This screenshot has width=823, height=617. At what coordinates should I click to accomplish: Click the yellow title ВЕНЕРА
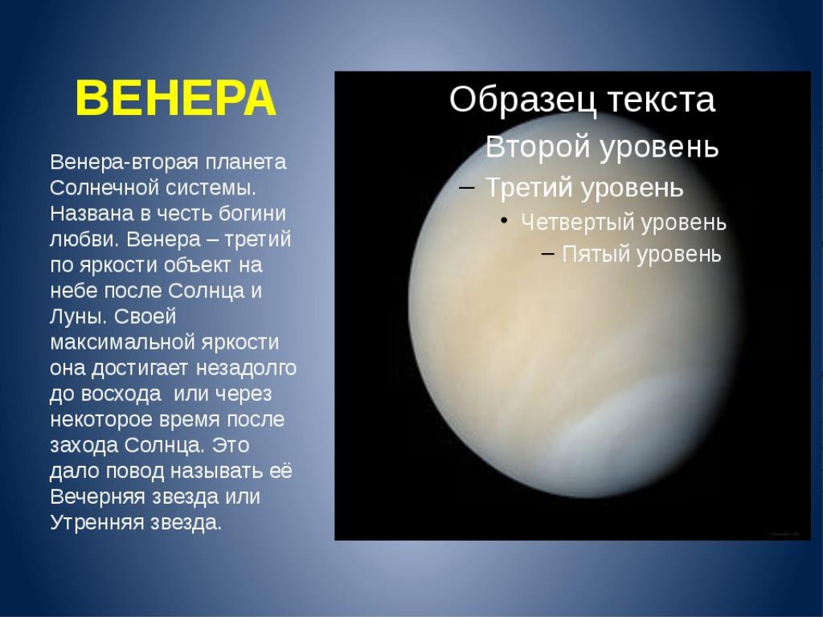click(x=175, y=98)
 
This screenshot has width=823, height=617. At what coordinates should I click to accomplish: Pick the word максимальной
click(x=116, y=342)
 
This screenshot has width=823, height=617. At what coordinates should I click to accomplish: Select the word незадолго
click(x=246, y=368)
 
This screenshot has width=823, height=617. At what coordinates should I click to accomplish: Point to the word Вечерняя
click(x=97, y=496)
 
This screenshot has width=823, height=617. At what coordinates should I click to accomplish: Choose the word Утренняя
click(x=97, y=522)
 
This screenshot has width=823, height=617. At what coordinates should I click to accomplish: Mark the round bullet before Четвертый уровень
click(x=504, y=223)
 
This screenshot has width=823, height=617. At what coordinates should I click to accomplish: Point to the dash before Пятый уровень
click(x=547, y=254)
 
